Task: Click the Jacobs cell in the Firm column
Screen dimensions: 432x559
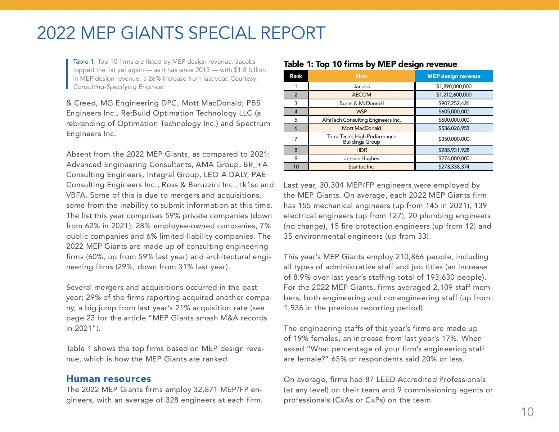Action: click(x=361, y=86)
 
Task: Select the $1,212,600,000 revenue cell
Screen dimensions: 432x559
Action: click(x=454, y=95)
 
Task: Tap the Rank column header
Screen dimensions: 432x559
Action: click(x=296, y=76)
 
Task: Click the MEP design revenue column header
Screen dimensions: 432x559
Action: click(x=454, y=76)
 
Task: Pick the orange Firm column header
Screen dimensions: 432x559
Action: click(x=361, y=76)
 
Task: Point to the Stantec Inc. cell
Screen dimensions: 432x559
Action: click(x=361, y=167)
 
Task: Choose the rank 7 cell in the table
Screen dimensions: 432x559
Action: click(x=296, y=139)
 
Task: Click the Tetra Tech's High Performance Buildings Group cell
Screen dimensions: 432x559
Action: click(x=361, y=139)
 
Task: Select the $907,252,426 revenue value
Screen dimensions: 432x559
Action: click(x=454, y=103)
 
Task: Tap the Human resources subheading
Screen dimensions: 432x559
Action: click(x=109, y=379)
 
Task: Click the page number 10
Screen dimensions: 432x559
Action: click(x=527, y=412)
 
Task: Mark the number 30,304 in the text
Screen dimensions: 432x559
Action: click(x=332, y=185)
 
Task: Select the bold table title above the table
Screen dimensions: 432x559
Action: click(x=370, y=64)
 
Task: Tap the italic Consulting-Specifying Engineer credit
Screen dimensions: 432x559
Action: click(x=119, y=87)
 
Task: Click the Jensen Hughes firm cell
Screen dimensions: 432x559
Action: click(x=361, y=158)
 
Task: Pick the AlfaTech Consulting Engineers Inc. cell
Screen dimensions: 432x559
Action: click(x=361, y=120)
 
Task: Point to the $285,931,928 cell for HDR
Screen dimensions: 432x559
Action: click(x=454, y=150)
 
